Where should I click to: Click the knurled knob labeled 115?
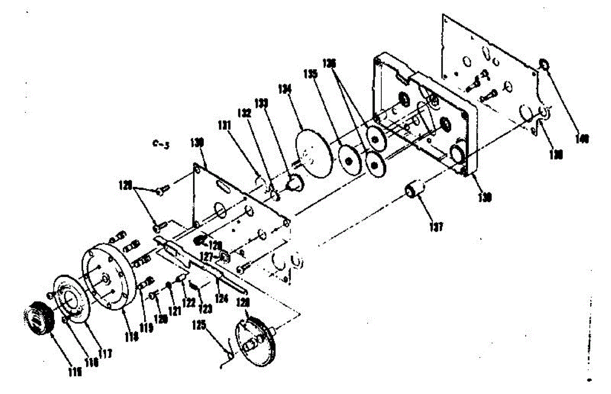pos(38,316)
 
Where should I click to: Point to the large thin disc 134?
pos(314,153)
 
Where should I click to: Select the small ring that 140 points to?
pos(543,65)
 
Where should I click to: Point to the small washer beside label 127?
pos(223,257)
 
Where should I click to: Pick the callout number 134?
pos(285,90)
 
